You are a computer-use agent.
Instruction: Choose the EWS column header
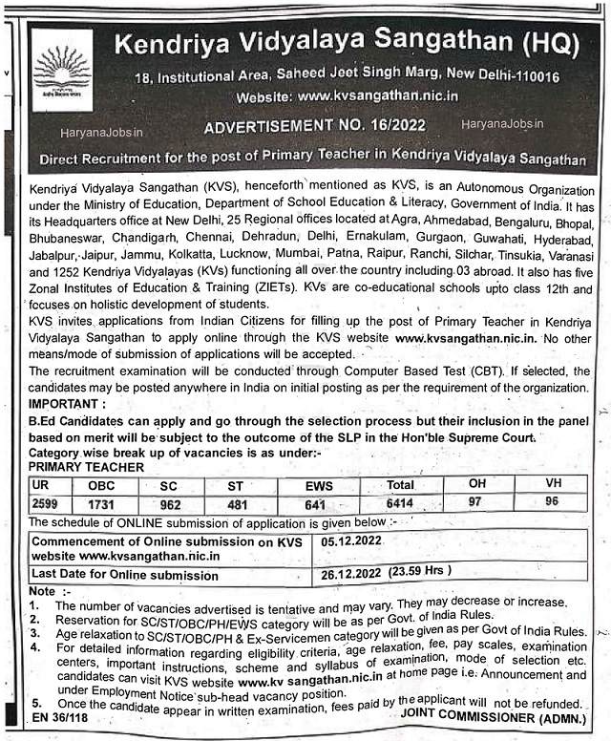tap(319, 485)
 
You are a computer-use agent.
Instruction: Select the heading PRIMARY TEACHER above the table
tap(86, 467)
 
